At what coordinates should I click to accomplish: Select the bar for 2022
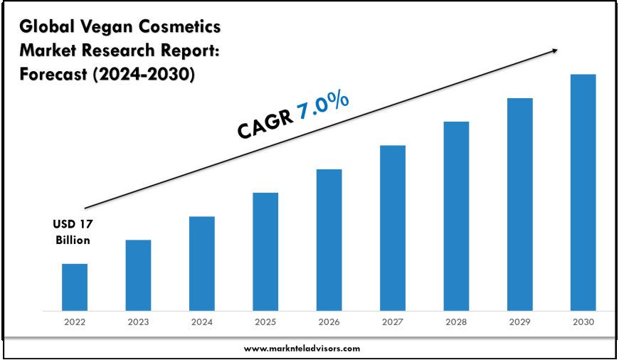tap(74, 287)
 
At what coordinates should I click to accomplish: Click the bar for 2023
tap(138, 275)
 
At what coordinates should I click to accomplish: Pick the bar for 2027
tap(393, 228)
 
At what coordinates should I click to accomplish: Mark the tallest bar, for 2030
tap(583, 192)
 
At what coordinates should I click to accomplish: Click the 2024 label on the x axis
tap(201, 322)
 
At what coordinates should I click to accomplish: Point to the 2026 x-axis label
tap(329, 322)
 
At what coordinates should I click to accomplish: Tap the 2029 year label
tap(519, 322)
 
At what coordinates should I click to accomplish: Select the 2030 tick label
tap(583, 322)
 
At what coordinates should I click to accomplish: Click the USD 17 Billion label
tap(73, 232)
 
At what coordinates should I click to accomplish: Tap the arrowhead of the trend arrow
tap(554, 50)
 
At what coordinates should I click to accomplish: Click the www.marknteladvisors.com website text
tap(302, 349)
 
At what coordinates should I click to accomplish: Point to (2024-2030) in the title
tap(144, 75)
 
